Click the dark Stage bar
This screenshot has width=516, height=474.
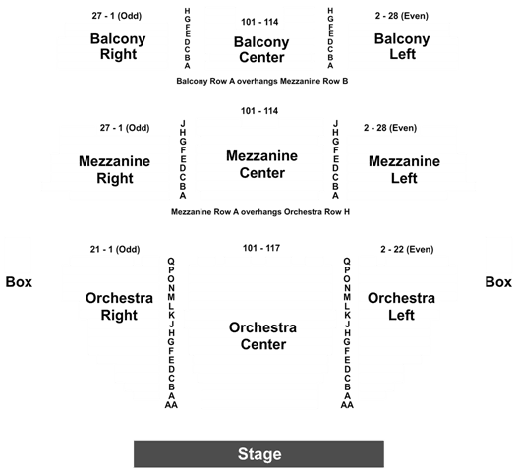(x=258, y=454)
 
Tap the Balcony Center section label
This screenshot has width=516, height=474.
(x=261, y=50)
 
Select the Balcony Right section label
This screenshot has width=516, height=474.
(x=118, y=46)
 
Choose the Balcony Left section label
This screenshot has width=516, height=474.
(x=402, y=46)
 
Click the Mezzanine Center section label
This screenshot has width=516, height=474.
(x=262, y=164)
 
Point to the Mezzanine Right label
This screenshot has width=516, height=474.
(x=115, y=169)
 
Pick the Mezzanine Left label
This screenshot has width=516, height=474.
(x=404, y=169)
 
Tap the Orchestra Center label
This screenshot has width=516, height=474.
(x=263, y=335)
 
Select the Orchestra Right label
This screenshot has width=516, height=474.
(x=119, y=306)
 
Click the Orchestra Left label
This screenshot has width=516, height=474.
(x=401, y=306)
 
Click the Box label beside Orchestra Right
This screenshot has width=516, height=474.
(x=19, y=282)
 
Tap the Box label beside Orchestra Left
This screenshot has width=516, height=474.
(x=498, y=282)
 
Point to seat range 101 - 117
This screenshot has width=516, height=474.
(x=261, y=248)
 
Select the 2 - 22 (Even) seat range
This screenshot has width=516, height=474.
(x=407, y=249)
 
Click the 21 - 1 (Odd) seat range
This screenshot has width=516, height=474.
(x=115, y=249)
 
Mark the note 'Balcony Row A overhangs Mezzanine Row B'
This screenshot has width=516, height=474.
(x=262, y=81)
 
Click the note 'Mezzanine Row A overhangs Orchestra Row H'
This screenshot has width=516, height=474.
(x=260, y=212)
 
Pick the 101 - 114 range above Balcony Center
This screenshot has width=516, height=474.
(x=259, y=22)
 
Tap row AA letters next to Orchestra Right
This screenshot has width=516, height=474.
(x=171, y=405)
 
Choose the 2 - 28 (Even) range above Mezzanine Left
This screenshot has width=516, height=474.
(x=390, y=128)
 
